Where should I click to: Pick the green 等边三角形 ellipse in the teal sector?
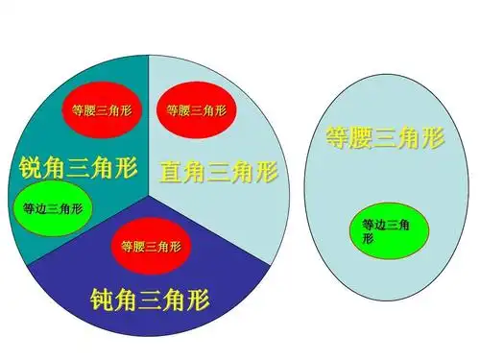coord(53,208)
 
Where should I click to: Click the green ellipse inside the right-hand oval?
coord(387,230)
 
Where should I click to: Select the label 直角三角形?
coord(219,172)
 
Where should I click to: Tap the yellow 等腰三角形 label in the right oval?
coord(383,137)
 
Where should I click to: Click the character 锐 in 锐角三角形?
coord(29,169)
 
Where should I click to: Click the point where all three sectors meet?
coord(149,188)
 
